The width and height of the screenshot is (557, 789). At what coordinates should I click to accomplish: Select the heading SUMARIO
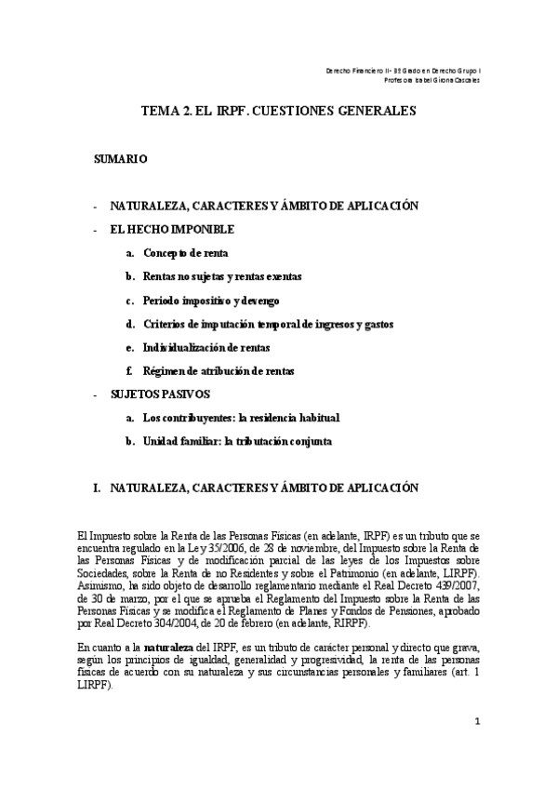click(x=120, y=160)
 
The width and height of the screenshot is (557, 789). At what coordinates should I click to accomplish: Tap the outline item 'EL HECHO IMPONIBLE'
click(x=172, y=229)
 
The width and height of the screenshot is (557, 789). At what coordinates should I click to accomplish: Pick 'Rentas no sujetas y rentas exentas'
click(x=221, y=277)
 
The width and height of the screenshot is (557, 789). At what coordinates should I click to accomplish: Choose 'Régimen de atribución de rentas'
click(x=219, y=370)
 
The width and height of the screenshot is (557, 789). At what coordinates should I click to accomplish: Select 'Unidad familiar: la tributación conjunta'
click(x=237, y=441)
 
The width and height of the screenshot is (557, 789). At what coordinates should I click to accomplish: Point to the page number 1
click(x=476, y=721)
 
